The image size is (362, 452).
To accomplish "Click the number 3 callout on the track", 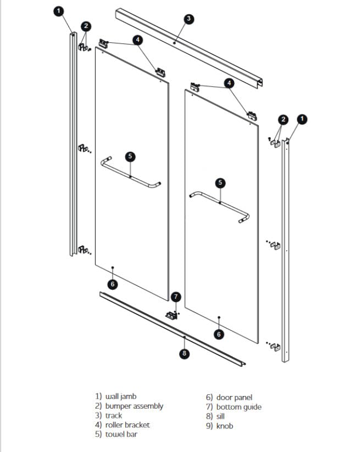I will (x=188, y=19).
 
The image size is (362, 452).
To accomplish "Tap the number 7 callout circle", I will (x=176, y=297).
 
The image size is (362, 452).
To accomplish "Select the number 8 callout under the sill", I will (x=185, y=354).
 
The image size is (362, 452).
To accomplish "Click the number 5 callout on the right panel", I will (x=220, y=183).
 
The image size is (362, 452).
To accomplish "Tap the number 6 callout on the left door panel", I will (x=113, y=284).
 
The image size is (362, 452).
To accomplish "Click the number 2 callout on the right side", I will (x=283, y=119).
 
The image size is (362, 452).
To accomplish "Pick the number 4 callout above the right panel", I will (x=230, y=83).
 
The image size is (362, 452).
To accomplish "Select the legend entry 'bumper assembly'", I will (x=134, y=406).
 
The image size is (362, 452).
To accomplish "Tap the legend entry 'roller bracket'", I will (x=127, y=425).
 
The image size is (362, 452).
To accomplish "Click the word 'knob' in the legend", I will (x=225, y=426).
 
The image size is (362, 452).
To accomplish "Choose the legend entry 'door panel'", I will (x=235, y=397).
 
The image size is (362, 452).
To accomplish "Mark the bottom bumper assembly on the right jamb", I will (x=275, y=346).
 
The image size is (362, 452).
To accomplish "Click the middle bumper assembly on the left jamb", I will (x=83, y=149).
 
